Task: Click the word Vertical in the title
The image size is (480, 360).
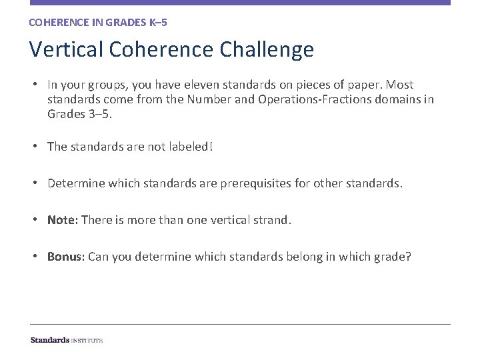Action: [65, 50]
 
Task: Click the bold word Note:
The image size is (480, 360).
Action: [63, 219]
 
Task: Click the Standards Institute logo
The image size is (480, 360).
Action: [67, 340]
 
